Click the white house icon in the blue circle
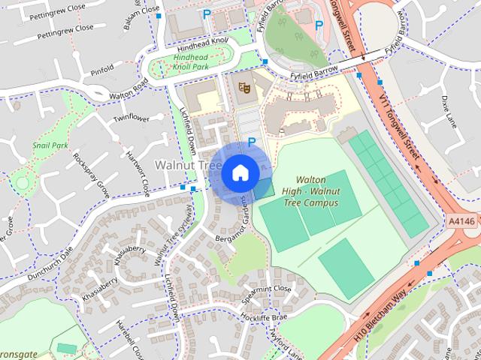point(240,172)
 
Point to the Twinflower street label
point(132,119)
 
